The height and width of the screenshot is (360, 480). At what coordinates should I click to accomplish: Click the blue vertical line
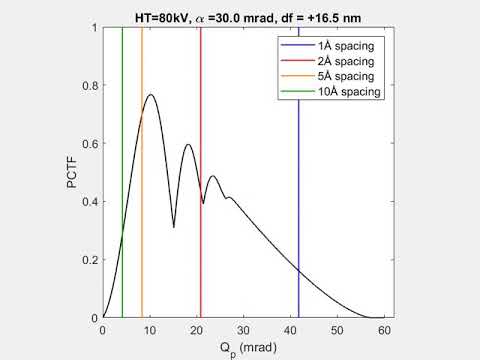298,200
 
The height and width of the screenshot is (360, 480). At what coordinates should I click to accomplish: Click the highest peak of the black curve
151,95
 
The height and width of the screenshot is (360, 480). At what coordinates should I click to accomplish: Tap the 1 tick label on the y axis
94,28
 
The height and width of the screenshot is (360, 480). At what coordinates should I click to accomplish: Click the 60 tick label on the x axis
384,328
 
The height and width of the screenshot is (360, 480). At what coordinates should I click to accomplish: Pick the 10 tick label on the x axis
150,328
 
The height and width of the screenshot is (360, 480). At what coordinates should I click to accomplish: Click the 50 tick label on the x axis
337,328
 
